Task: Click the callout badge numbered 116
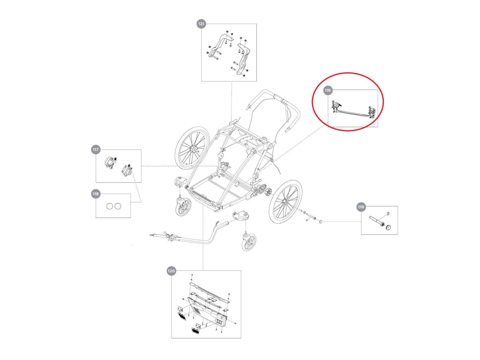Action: pos(328,91)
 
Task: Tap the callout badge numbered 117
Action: pos(95,150)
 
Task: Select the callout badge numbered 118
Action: pos(95,194)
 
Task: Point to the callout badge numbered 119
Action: pos(361,207)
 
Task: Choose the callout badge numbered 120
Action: pos(171,271)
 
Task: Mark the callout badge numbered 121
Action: pos(201,24)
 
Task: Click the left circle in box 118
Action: pos(109,206)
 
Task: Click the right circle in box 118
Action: pos(118,206)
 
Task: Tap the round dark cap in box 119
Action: pos(388,227)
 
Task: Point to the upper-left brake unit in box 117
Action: pos(110,163)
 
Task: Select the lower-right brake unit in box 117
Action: pos(127,170)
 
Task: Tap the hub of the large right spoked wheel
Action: pos(286,202)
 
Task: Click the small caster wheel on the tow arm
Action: pos(248,242)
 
